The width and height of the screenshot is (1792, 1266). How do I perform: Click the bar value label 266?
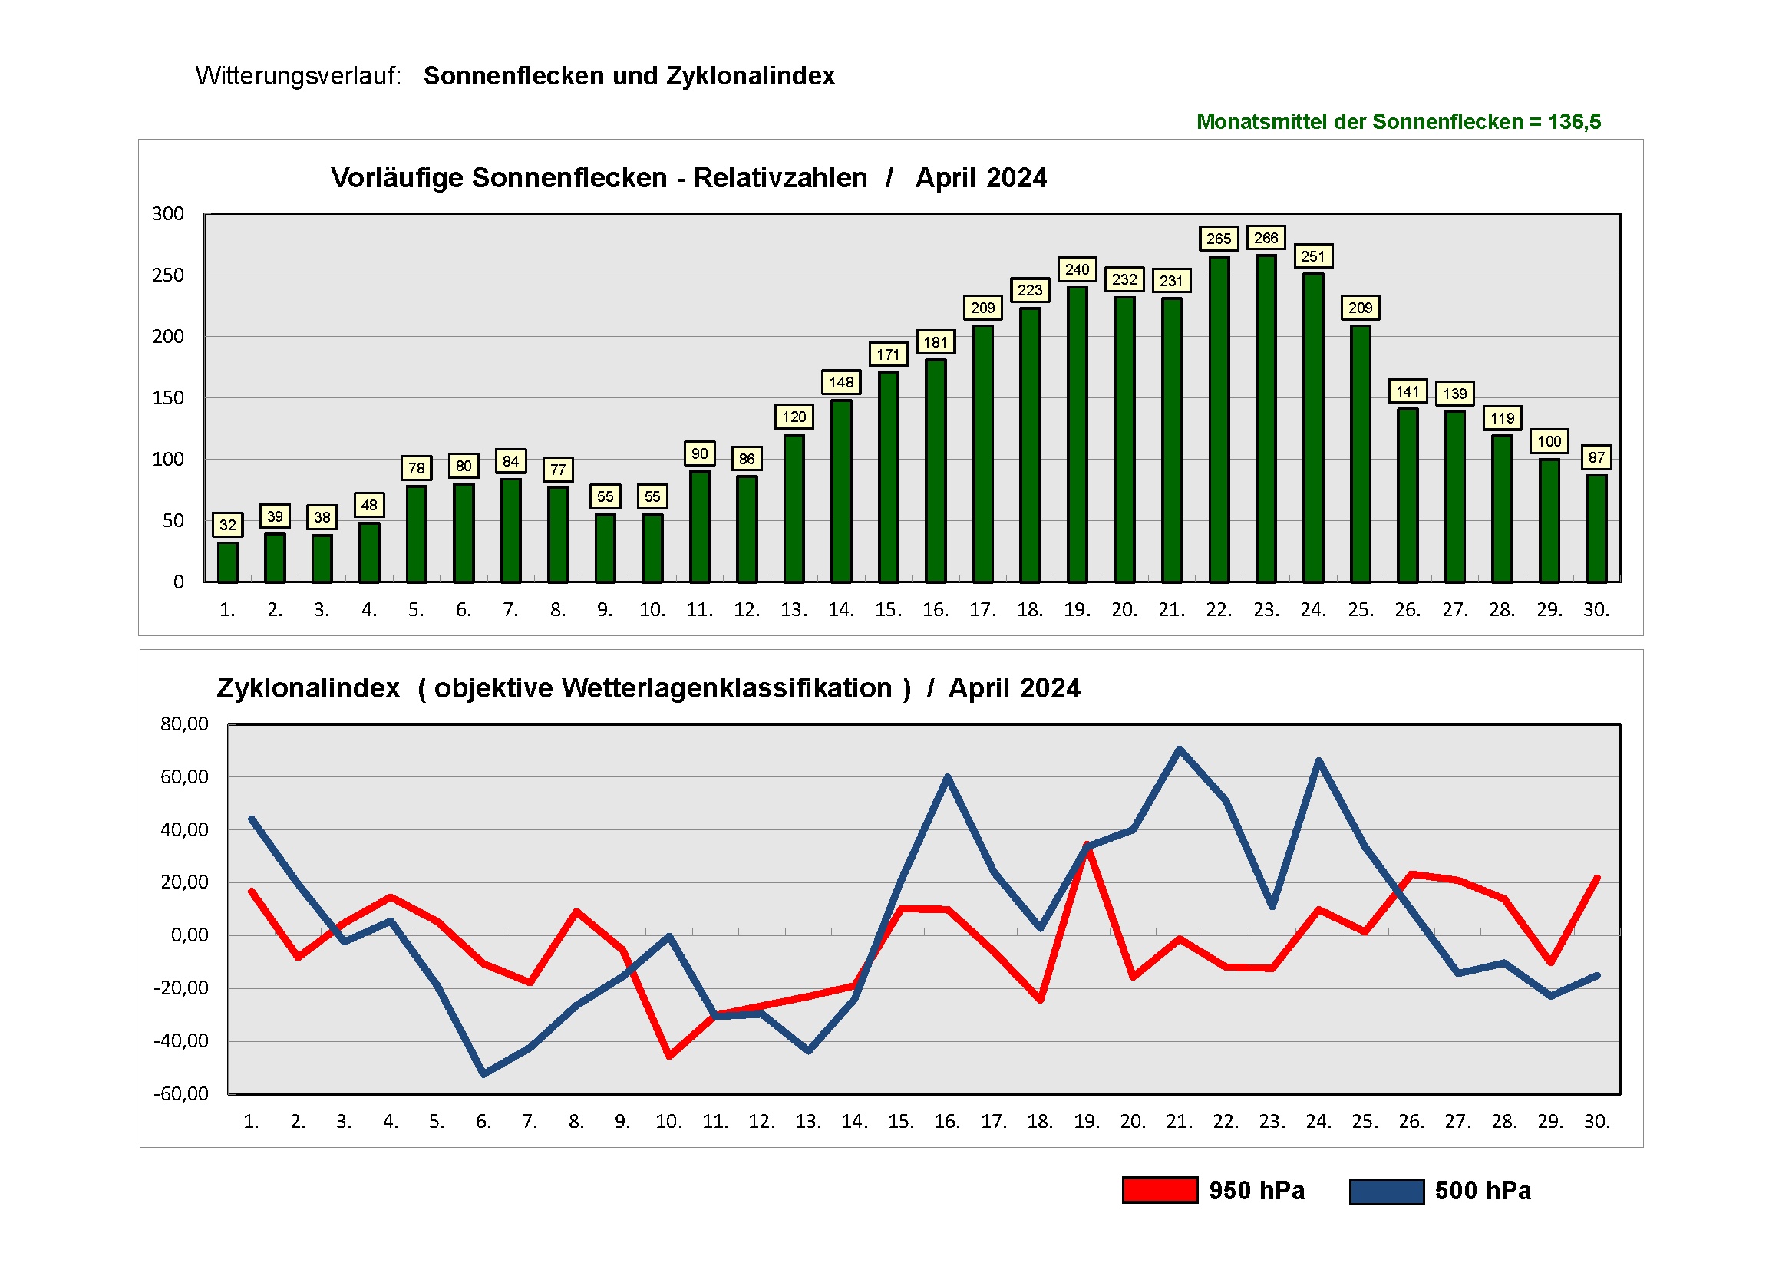click(1266, 238)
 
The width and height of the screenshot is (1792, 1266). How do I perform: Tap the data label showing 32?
click(227, 526)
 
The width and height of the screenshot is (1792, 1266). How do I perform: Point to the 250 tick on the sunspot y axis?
click(168, 275)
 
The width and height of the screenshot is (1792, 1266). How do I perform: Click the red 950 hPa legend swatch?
click(1159, 1190)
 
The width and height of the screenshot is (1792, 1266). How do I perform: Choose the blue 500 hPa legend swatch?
click(1386, 1191)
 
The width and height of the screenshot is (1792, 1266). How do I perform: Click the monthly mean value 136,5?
click(1574, 122)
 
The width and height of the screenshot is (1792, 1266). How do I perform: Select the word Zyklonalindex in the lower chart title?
click(308, 688)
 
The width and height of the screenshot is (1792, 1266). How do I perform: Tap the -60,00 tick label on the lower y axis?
click(181, 1093)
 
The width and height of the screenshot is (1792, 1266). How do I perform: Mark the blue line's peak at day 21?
click(1179, 750)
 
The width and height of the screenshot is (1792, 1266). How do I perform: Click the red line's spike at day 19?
click(1087, 846)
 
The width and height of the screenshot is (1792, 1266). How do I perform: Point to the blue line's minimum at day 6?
click(483, 1075)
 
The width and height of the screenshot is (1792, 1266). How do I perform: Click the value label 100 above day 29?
click(1549, 442)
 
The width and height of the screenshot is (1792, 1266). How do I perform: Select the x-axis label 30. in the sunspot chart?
click(1596, 609)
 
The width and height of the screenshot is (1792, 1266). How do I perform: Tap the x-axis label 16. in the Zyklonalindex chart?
click(947, 1122)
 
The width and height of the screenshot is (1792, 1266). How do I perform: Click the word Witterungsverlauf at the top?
click(297, 76)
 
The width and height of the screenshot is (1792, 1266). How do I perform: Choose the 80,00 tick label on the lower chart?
click(184, 724)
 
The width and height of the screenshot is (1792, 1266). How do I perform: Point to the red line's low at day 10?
click(669, 1056)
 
